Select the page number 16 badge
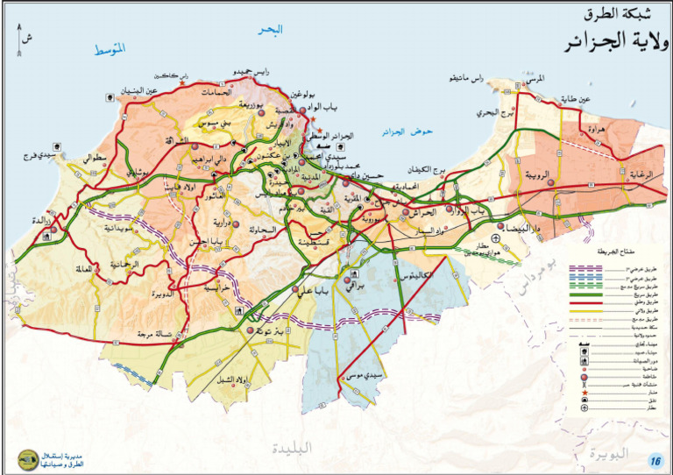pos(655,461)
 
